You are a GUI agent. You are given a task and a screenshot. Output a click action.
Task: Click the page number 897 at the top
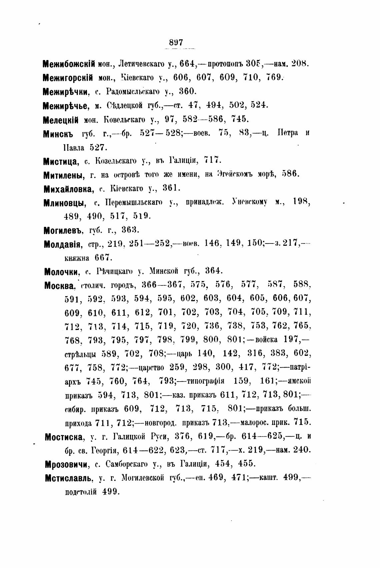point(176,43)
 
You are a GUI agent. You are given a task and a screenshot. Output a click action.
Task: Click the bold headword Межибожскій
point(69,63)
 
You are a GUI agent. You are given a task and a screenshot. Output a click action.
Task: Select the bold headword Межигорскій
point(68,78)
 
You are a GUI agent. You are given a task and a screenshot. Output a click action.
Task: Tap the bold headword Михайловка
point(68,189)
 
